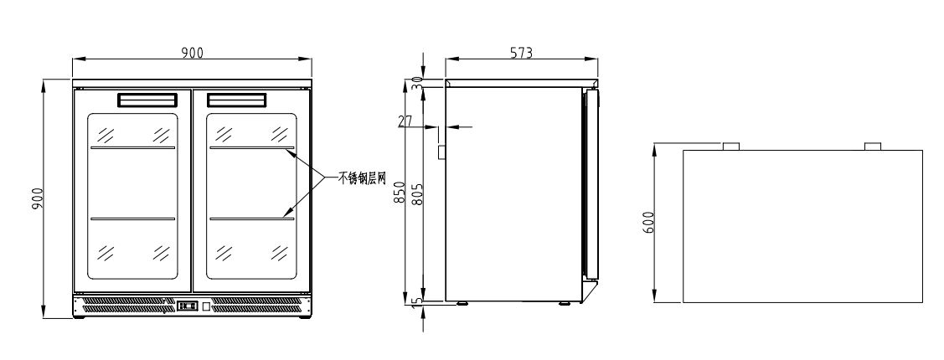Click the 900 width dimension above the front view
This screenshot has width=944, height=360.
click(192, 53)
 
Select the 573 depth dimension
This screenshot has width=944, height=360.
click(521, 53)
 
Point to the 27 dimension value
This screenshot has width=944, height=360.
click(405, 121)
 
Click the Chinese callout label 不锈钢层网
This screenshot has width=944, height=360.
click(361, 178)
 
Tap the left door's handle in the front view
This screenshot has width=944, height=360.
click(147, 100)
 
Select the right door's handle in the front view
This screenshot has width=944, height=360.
click(236, 100)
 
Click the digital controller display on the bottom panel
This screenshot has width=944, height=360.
click(187, 306)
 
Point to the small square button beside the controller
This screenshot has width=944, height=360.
click(206, 306)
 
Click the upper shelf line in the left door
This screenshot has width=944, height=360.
click(132, 147)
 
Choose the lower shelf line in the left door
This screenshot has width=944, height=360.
click(132, 219)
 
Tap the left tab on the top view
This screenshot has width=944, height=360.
click(731, 147)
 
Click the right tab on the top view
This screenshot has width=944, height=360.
click(872, 147)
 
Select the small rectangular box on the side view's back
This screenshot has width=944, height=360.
click(442, 152)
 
